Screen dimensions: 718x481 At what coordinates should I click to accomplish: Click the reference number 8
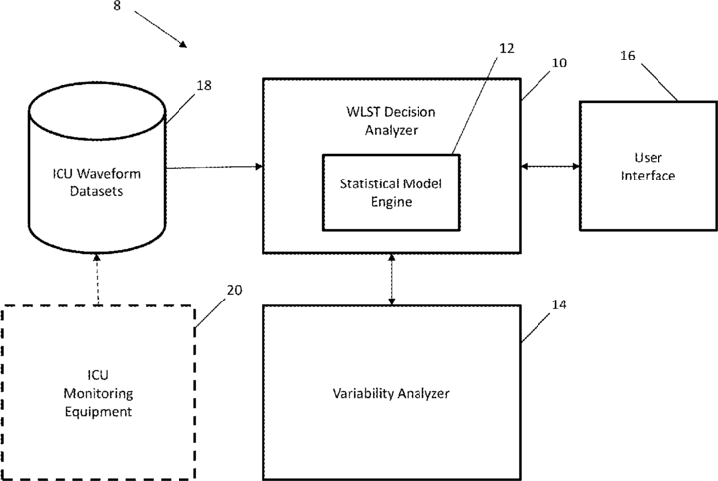click(117, 6)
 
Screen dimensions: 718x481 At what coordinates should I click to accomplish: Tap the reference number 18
click(204, 85)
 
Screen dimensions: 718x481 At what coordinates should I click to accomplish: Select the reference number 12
click(506, 48)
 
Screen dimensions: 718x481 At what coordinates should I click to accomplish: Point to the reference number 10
click(559, 62)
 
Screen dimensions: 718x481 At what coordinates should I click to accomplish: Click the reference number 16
click(628, 56)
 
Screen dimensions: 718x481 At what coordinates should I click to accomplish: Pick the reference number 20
click(234, 290)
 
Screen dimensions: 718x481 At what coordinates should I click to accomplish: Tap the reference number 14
click(559, 304)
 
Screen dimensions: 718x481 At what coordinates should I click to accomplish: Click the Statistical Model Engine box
click(392, 192)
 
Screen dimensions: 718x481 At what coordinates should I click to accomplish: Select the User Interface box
click(649, 166)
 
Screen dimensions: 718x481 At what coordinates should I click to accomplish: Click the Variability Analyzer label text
click(391, 393)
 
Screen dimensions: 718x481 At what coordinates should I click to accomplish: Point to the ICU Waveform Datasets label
click(96, 181)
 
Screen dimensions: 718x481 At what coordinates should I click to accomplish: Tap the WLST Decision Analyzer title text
click(391, 121)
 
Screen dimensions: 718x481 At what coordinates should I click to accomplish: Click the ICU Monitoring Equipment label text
click(98, 393)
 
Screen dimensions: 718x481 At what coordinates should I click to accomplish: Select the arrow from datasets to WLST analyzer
click(214, 167)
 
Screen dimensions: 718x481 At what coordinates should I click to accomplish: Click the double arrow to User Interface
click(550, 166)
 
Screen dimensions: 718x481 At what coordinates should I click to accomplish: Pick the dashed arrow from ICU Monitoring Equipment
click(97, 279)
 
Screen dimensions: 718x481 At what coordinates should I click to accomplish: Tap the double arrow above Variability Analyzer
click(391, 279)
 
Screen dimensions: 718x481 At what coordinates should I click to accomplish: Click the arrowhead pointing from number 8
click(183, 44)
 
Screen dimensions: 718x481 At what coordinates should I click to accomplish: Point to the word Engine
click(391, 202)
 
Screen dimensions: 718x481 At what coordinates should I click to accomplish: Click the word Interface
click(648, 175)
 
